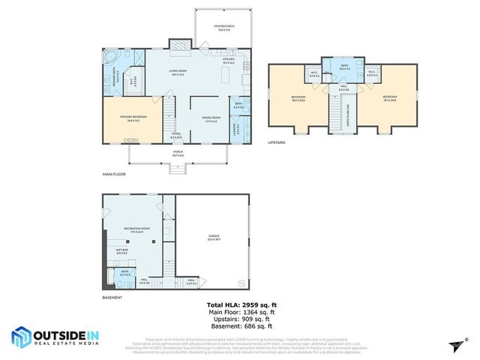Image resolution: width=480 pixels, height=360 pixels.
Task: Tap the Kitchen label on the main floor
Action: point(229,61)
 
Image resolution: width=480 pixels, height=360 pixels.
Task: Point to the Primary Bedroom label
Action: point(132,118)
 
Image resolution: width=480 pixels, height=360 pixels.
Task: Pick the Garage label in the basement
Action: point(214,237)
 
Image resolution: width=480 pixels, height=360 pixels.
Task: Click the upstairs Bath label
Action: point(344,67)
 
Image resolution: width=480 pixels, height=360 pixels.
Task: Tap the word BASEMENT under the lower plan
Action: point(112,298)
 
